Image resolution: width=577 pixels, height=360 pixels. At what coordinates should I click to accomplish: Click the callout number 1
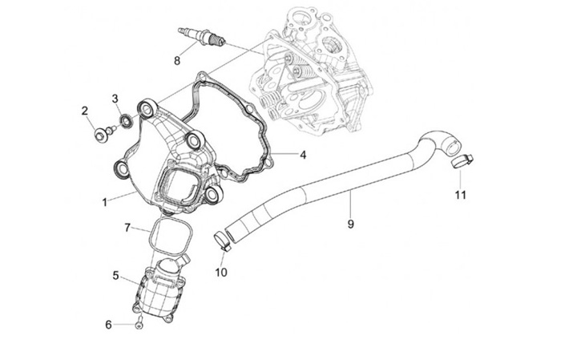pyautogui.click(x=104, y=202)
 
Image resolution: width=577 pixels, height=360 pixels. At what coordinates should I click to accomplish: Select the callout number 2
pyautogui.click(x=85, y=111)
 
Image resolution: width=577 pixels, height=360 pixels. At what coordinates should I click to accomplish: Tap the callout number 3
pyautogui.click(x=115, y=99)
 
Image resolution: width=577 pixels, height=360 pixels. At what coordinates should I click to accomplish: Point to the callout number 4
pyautogui.click(x=303, y=155)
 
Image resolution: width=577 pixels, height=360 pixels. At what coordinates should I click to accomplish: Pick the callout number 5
pyautogui.click(x=115, y=275)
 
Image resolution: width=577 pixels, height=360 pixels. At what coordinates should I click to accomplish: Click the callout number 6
pyautogui.click(x=109, y=325)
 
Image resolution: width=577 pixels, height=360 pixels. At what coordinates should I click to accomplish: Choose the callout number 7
pyautogui.click(x=127, y=228)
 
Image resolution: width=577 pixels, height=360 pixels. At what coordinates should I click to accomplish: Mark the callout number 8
pyautogui.click(x=177, y=59)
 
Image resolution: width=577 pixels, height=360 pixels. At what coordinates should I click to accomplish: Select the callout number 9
pyautogui.click(x=350, y=224)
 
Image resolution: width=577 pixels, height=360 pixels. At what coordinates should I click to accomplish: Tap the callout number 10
pyautogui.click(x=221, y=272)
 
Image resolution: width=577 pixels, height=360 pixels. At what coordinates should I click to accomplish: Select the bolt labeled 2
pyautogui.click(x=102, y=133)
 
